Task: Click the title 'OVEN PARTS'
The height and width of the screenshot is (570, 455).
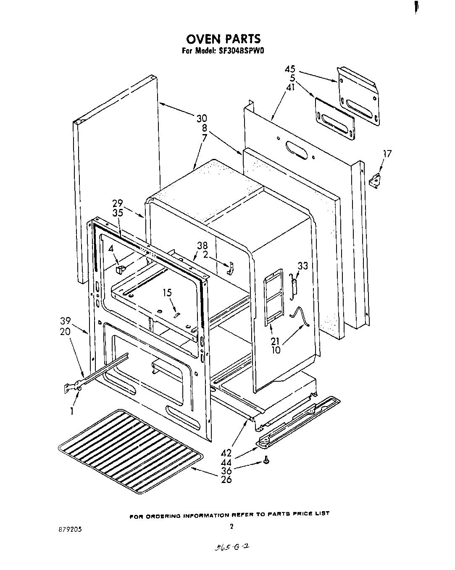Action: (223, 39)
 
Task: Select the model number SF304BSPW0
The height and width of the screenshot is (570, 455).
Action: (239, 52)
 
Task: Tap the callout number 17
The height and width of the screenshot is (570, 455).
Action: (387, 154)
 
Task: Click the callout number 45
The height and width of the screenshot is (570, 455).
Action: (290, 69)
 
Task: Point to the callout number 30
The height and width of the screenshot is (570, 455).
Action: (202, 119)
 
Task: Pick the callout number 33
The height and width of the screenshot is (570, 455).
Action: (302, 266)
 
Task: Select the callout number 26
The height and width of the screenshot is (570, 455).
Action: (226, 480)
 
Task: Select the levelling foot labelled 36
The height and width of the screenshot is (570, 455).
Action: (266, 461)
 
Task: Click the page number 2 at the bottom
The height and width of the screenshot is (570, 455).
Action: (231, 525)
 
